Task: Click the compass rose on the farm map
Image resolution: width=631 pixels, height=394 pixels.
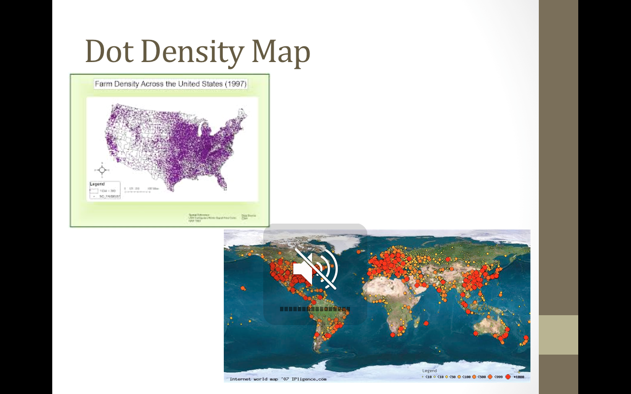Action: (102, 170)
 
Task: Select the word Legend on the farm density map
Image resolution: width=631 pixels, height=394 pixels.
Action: (97, 184)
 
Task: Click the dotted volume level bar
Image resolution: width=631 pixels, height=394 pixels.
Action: (315, 309)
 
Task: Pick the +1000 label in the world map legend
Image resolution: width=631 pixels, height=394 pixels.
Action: (519, 377)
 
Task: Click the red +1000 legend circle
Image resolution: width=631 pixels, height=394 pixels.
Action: (508, 377)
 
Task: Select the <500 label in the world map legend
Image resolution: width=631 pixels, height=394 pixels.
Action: (482, 377)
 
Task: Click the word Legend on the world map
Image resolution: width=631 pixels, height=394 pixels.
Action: (429, 371)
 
